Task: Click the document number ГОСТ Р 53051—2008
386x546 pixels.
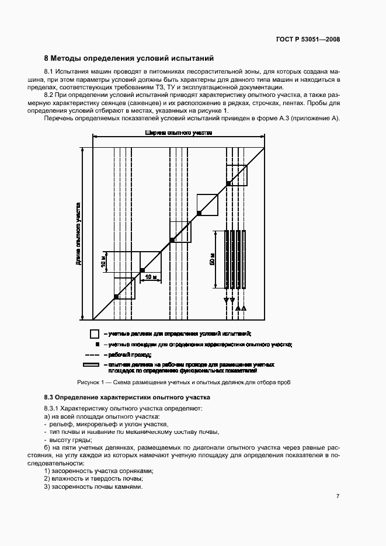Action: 308,39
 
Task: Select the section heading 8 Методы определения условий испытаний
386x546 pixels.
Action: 129,58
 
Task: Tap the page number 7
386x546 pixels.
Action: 338,496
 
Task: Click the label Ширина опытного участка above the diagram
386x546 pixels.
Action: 179,133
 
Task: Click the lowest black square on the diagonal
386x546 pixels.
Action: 116,297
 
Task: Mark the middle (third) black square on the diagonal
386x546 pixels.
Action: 172,240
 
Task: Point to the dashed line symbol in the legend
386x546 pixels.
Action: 93,355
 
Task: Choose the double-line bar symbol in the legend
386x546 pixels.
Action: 93,365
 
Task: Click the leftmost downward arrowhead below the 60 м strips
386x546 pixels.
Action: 226,301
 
